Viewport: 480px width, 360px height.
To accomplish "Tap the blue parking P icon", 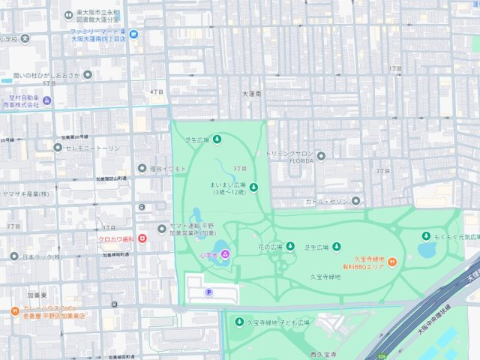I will point(208,292).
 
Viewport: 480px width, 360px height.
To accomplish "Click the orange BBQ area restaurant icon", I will point(391,260).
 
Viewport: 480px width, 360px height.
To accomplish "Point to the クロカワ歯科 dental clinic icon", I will point(142,239).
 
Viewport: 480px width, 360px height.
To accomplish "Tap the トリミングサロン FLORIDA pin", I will point(321,156).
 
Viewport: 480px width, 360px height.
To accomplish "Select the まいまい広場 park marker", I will point(253,187).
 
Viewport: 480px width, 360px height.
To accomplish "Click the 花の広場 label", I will point(270,247).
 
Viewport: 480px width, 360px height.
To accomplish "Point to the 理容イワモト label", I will point(167,169).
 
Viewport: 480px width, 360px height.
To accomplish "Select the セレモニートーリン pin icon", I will point(58,147).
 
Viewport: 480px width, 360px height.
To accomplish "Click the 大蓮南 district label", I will point(252,94).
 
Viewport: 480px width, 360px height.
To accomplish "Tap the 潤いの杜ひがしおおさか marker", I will point(88,74).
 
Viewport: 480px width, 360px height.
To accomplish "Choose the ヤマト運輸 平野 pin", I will point(161,228).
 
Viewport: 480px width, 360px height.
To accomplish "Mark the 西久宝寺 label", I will point(324,353).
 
